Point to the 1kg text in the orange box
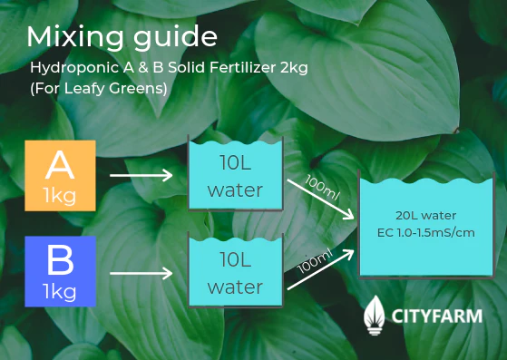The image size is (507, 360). pos(59,196)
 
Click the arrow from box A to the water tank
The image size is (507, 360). pos(140,175)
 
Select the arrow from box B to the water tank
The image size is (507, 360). pos(140,272)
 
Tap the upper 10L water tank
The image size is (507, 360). pos(235,176)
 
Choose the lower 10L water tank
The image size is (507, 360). pos(235,272)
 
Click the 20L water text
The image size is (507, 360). pos(425,215)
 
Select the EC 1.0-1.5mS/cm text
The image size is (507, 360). pos(425,232)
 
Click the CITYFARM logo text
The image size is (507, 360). pos(437,316)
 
